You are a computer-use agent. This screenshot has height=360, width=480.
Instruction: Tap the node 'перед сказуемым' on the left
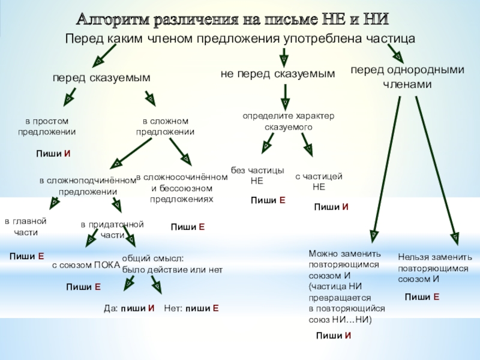pyautogui.click(x=101, y=79)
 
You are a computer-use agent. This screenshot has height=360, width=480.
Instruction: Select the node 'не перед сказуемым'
pyautogui.click(x=278, y=74)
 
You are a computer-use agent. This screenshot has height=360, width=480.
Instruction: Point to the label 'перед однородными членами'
pyautogui.click(x=407, y=77)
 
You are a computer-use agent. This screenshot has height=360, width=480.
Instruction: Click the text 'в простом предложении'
pyautogui.click(x=47, y=127)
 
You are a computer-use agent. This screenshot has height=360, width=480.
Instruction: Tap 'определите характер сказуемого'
pyautogui.click(x=288, y=122)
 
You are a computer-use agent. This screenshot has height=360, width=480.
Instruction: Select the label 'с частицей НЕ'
pyautogui.click(x=319, y=181)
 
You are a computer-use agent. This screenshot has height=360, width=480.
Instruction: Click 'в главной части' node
pyautogui.click(x=25, y=226)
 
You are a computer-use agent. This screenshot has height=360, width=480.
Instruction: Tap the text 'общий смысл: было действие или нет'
pyautogui.click(x=172, y=264)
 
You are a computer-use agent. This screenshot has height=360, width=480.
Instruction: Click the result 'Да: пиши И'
pyautogui.click(x=130, y=308)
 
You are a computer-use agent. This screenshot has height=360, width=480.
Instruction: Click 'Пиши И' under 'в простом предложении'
pyautogui.click(x=53, y=154)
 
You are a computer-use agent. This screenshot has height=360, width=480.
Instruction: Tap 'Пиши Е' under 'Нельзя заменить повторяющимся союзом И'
pyautogui.click(x=422, y=297)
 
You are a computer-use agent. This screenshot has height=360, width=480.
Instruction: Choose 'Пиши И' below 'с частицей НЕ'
pyautogui.click(x=331, y=207)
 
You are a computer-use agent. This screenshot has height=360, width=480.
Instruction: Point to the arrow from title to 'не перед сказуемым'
pyautogui.click(x=283, y=58)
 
